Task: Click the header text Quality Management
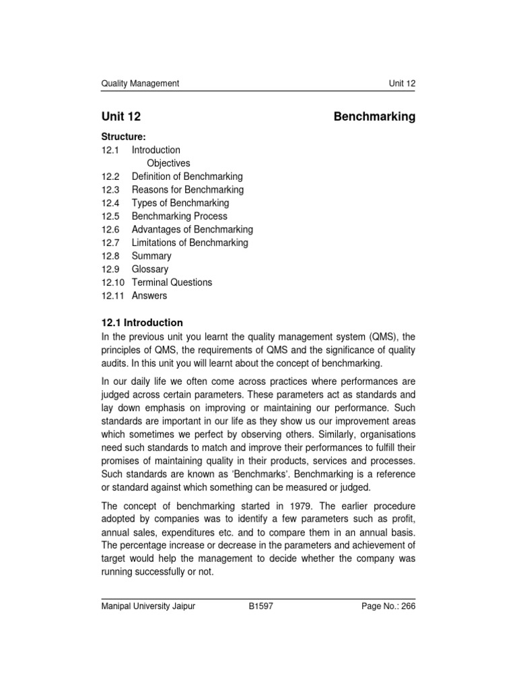(140, 84)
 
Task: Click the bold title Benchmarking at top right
(374, 117)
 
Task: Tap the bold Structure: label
(124, 137)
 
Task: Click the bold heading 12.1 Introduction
(142, 323)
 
